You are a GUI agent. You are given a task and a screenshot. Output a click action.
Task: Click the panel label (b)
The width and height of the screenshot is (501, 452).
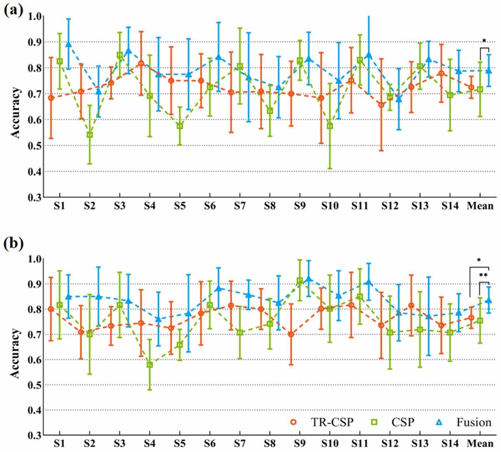tap(13, 243)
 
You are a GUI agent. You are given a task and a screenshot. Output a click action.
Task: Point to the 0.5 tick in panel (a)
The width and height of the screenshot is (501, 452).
tap(35, 146)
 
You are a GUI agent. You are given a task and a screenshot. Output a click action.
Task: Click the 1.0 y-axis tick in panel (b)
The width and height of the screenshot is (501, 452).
tap(35, 259)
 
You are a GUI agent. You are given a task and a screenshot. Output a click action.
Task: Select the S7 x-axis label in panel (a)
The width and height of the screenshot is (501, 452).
tap(240, 206)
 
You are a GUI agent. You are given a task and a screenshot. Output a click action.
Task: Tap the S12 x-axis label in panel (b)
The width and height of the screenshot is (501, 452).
tap(390, 443)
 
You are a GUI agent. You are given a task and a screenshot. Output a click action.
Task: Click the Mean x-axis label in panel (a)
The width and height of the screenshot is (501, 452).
tap(480, 206)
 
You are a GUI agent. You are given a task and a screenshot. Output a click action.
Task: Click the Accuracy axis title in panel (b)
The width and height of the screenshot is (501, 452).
tap(15, 353)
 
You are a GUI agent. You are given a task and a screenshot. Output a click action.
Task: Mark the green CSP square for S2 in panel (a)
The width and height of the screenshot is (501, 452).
tap(90, 135)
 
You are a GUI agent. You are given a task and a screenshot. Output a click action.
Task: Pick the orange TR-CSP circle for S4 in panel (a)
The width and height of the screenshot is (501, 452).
tap(141, 64)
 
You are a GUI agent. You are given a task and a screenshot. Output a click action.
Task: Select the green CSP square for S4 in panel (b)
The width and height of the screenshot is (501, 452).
tap(150, 365)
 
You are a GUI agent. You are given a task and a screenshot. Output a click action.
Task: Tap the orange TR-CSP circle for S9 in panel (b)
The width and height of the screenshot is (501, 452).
tap(291, 334)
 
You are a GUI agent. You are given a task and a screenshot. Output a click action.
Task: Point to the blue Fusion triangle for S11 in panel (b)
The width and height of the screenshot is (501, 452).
tap(369, 283)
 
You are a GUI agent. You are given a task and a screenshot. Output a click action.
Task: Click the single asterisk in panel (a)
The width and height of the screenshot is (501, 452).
tap(484, 41)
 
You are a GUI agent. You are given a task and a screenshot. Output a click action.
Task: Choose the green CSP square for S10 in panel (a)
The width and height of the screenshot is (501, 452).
tap(330, 126)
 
